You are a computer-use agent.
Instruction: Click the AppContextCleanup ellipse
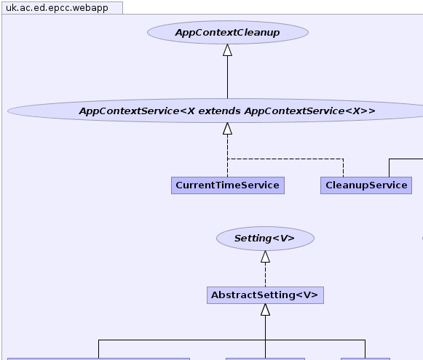228,32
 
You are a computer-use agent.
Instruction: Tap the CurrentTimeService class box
228,185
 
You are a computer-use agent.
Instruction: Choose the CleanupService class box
366,185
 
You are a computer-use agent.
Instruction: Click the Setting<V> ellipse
265,239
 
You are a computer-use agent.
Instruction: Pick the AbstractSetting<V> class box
265,295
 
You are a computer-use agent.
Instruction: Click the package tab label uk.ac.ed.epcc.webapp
57,8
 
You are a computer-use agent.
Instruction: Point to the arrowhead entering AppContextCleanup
227,50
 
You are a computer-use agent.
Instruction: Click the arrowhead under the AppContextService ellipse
227,129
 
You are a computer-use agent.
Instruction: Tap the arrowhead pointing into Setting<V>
265,257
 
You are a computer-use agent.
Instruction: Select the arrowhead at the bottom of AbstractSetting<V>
265,310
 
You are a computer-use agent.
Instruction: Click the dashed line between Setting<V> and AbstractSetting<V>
265,275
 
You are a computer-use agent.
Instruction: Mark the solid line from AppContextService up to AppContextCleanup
227,77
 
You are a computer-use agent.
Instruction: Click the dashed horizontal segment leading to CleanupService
285,159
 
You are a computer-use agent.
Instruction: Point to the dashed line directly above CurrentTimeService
227,156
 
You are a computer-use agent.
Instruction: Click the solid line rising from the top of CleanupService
389,168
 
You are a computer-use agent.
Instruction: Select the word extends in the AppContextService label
220,111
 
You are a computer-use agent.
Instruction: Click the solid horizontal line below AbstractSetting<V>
232,340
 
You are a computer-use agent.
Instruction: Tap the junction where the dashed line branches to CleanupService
227,159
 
